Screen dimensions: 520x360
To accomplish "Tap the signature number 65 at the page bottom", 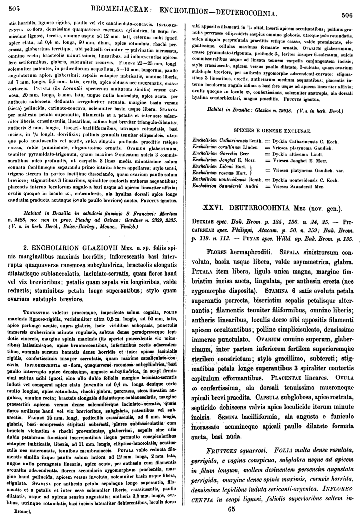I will pos(231,509).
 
